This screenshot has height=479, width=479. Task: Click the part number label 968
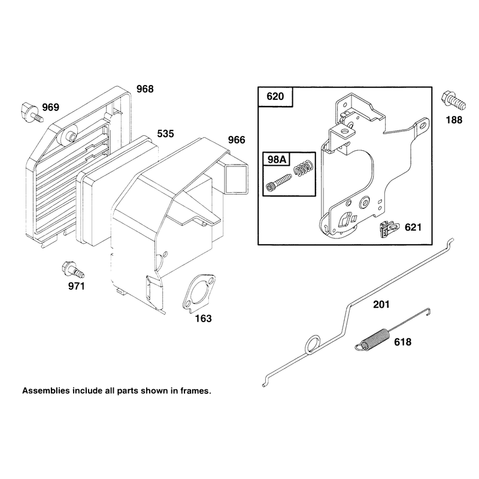point(145,89)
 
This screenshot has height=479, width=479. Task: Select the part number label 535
point(165,134)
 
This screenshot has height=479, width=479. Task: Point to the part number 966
point(237,140)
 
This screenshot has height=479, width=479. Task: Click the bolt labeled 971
point(72,270)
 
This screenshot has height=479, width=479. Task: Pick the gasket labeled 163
point(199,293)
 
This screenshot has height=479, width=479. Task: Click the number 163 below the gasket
point(203,319)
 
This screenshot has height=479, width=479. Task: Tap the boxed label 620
point(275,96)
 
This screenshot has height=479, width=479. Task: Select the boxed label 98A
point(277,159)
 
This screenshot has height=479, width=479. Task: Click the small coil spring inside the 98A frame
point(303,168)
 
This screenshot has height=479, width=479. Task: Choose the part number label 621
point(413,228)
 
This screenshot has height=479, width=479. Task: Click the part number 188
point(454,120)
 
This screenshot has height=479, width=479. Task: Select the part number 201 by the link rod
point(381,304)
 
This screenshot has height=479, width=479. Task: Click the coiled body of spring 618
point(375,338)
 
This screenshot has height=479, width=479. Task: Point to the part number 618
point(402,342)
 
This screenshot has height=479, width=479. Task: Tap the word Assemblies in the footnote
point(46,391)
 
